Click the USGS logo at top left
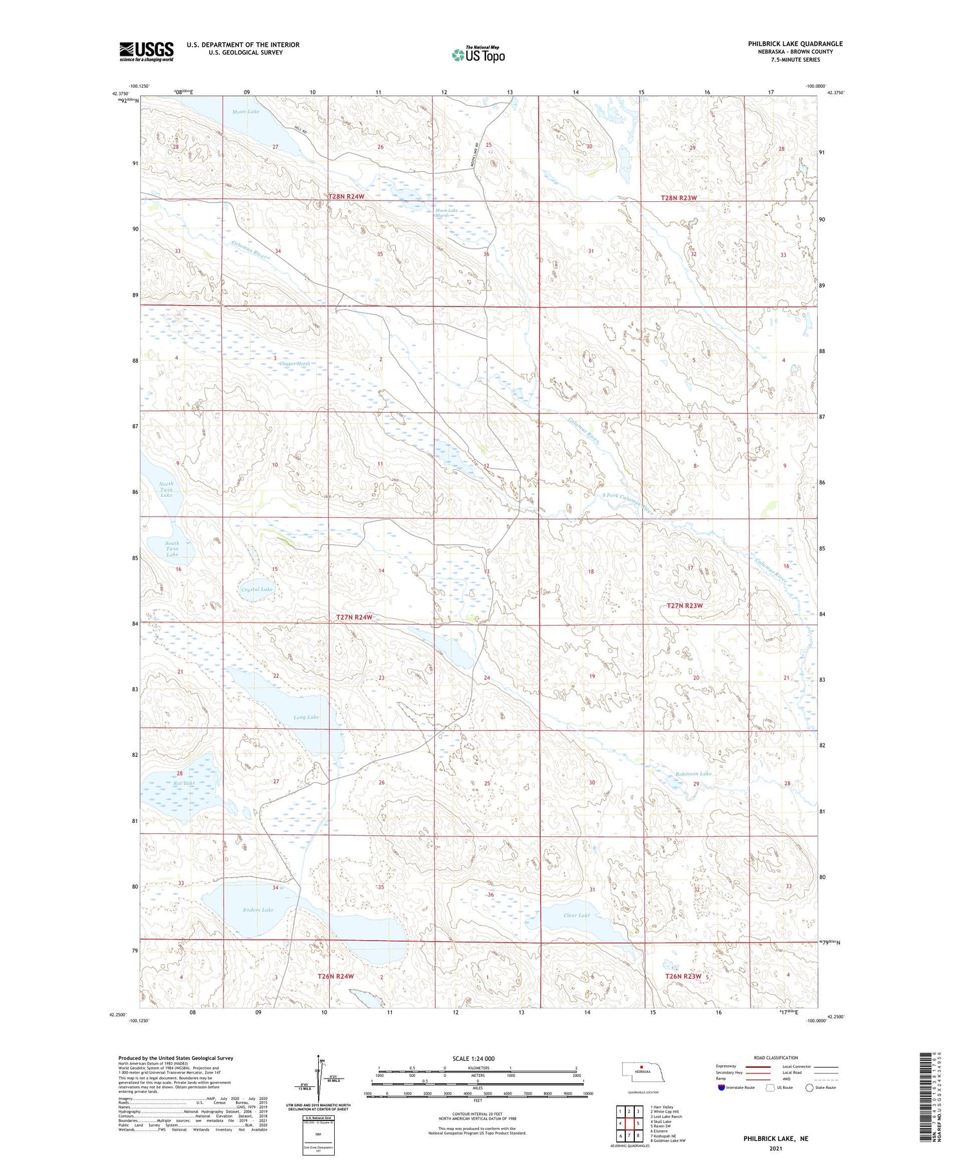coord(146,51)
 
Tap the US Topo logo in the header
coord(478,54)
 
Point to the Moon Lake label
coord(246,112)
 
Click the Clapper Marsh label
coord(295,363)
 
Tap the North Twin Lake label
coord(166,490)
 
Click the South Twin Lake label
coord(172,549)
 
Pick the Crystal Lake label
coord(257,589)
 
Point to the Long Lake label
coord(306,717)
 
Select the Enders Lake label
coord(258,909)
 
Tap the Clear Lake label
coord(576,915)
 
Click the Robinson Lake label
coord(693,774)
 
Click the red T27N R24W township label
coord(354,617)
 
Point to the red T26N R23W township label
coord(683,976)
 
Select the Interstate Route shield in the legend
coord(721,1087)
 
